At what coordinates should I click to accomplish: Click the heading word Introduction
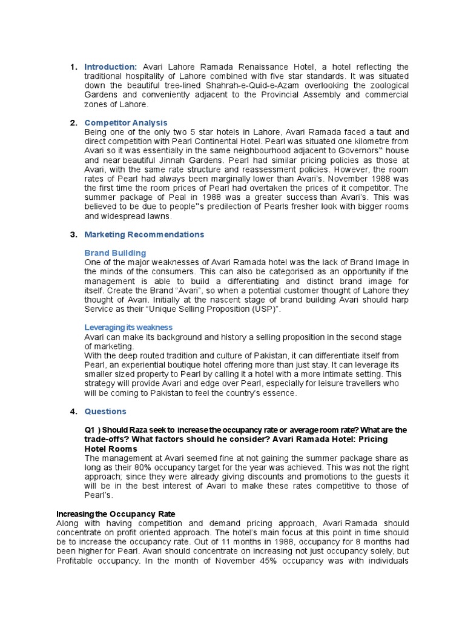pyautogui.click(x=111, y=66)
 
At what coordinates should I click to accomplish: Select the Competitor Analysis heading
pyautogui.click(x=126, y=123)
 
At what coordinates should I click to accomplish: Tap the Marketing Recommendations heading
pyautogui.click(x=144, y=234)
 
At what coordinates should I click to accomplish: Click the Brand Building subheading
pyautogui.click(x=115, y=252)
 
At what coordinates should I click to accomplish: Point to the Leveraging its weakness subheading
pyautogui.click(x=128, y=328)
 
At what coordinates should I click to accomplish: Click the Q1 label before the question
pyautogui.click(x=90, y=430)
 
